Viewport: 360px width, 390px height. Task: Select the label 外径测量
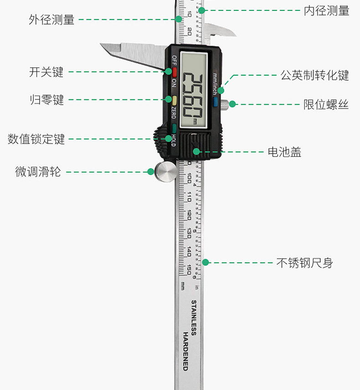pyautogui.click(x=51, y=20)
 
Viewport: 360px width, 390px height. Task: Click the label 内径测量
pyautogui.click(x=326, y=10)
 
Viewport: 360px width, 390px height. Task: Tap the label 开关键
pyautogui.click(x=46, y=72)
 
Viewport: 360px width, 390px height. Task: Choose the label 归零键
pyautogui.click(x=46, y=100)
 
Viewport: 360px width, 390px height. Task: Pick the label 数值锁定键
pyautogui.click(x=36, y=139)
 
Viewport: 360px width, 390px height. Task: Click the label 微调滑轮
pyautogui.click(x=38, y=172)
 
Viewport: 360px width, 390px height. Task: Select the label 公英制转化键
pyautogui.click(x=314, y=75)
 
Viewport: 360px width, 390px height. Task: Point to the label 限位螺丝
pyautogui.click(x=326, y=104)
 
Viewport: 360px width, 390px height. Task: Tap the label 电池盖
pyautogui.click(x=284, y=152)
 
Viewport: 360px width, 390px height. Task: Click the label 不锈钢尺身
pyautogui.click(x=304, y=263)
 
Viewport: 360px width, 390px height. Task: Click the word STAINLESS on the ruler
pyautogui.click(x=193, y=318)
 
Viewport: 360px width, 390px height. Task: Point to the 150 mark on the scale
pyautogui.click(x=189, y=270)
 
